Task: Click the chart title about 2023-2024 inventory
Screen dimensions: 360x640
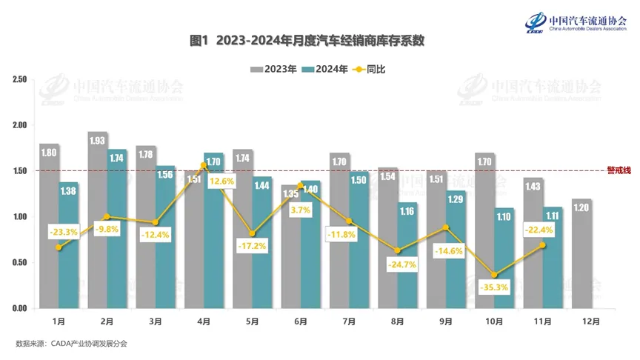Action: point(320,41)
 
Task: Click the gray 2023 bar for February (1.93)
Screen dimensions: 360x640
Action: point(98,222)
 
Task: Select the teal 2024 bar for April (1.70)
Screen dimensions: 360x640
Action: point(213,237)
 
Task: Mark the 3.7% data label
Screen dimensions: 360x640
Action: point(300,210)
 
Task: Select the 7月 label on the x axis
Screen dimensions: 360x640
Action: point(348,321)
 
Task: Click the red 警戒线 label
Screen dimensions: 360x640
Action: point(619,170)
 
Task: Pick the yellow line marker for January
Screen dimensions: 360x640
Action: point(59,247)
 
